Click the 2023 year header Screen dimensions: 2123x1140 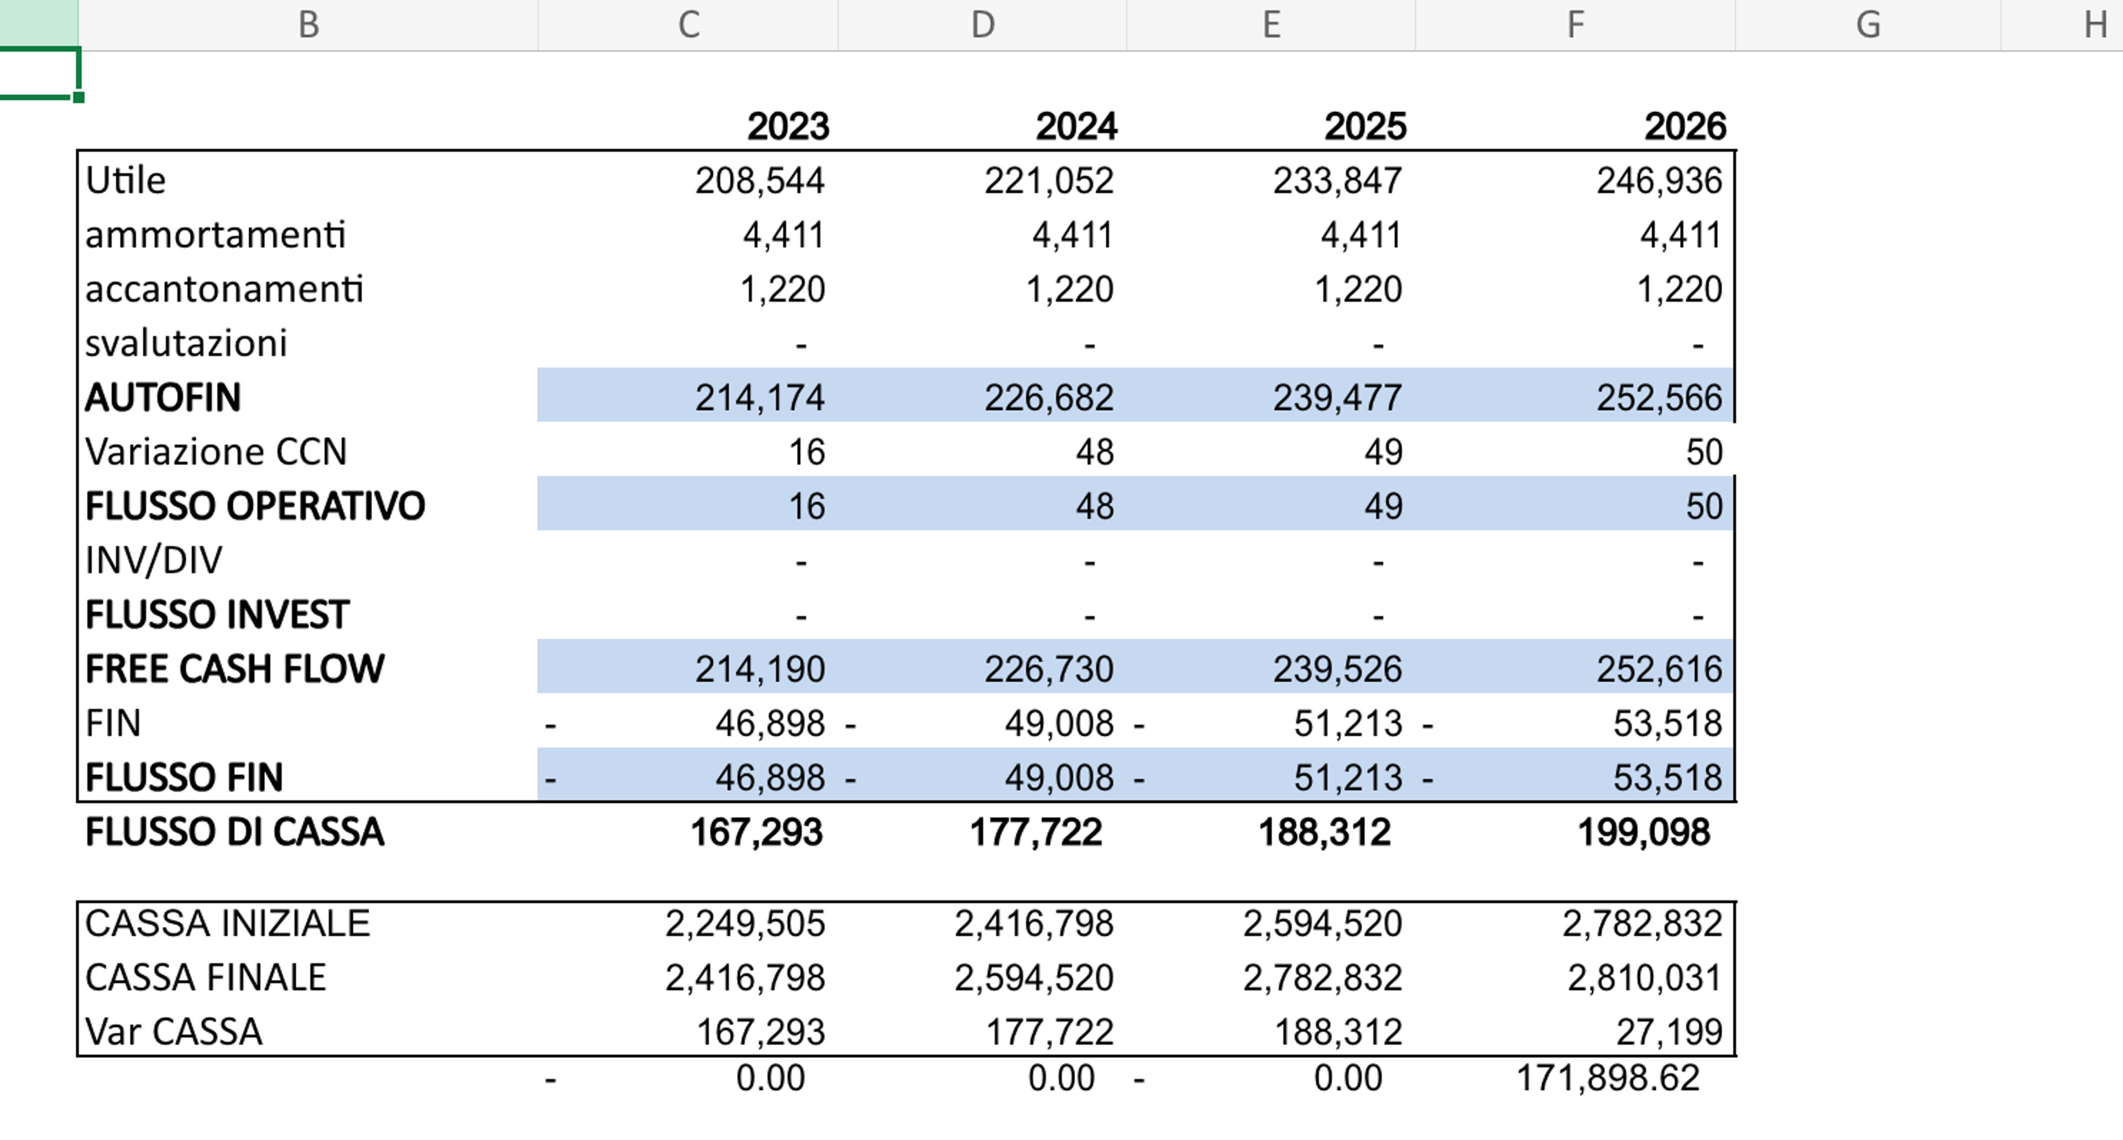click(788, 126)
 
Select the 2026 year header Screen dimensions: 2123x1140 click(1685, 126)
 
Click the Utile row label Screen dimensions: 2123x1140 click(126, 180)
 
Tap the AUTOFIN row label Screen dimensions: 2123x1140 click(163, 398)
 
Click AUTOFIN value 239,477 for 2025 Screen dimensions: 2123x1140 click(1337, 398)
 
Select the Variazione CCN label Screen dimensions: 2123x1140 click(216, 452)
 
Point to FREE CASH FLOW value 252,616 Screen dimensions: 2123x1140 click(1659, 668)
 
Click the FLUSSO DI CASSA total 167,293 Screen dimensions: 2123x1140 click(756, 832)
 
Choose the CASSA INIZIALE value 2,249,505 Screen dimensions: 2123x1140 click(745, 923)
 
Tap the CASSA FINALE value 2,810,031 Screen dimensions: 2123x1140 click(1644, 977)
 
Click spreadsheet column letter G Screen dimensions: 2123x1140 click(1868, 25)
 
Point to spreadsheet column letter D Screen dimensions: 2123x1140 click(982, 25)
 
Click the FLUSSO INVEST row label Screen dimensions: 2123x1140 click(218, 614)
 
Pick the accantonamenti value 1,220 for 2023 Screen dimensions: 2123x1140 click(782, 289)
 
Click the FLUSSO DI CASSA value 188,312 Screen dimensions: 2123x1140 click(1325, 832)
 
